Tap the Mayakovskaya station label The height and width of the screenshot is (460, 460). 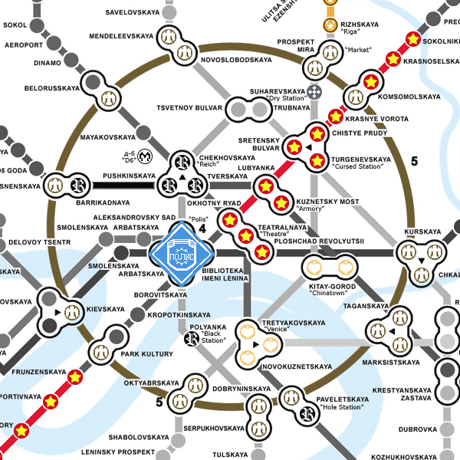[x=107, y=137]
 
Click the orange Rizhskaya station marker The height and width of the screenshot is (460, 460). [x=330, y=26]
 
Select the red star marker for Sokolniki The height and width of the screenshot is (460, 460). [x=412, y=38]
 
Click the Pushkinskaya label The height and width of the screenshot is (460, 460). [x=129, y=176]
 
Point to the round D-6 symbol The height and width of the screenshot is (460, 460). [x=145, y=159]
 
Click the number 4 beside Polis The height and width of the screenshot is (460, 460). [x=203, y=228]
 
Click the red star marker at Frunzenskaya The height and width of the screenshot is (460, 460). [x=75, y=377]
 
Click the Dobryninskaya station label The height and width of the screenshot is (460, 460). [x=242, y=389]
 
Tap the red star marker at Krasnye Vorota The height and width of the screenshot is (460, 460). [x=335, y=117]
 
